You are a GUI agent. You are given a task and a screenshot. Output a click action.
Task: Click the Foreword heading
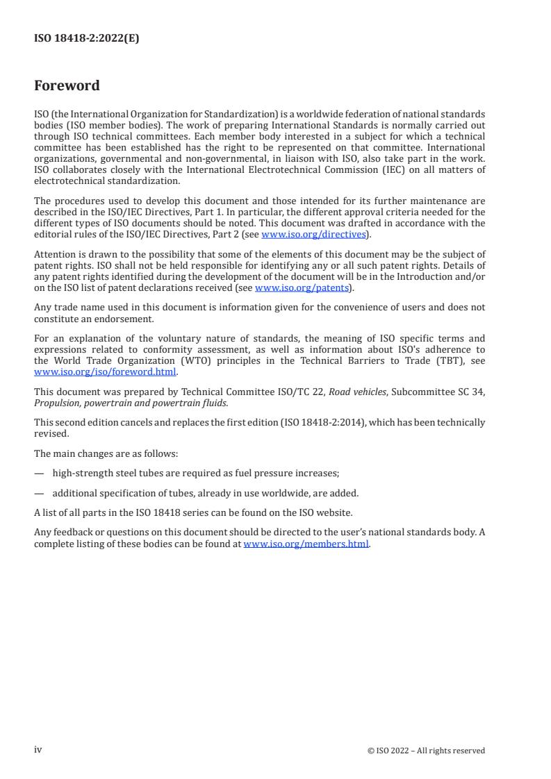pyautogui.click(x=67, y=86)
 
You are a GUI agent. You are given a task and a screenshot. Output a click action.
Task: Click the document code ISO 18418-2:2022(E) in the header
pyautogui.click(x=86, y=39)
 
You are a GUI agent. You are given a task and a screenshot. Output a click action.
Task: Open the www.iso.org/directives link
pyautogui.click(x=313, y=235)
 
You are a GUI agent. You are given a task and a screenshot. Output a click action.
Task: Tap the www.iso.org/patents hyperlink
pyautogui.click(x=302, y=287)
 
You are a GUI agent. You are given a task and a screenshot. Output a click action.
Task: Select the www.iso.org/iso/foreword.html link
pyautogui.click(x=106, y=371)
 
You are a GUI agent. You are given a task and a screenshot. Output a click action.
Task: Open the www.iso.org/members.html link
pyautogui.click(x=306, y=544)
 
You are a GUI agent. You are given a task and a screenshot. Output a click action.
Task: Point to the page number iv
pyautogui.click(x=38, y=750)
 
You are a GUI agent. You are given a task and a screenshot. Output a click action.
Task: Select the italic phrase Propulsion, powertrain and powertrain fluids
pyautogui.click(x=130, y=403)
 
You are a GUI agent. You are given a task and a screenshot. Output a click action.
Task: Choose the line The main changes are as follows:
pyautogui.click(x=106, y=453)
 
